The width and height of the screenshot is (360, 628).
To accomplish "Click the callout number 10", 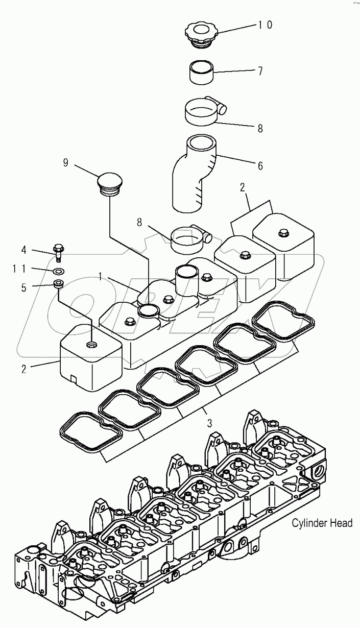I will (265, 25).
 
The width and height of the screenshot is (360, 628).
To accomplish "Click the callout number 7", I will (260, 71).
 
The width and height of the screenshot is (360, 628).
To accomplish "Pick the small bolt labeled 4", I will (58, 251).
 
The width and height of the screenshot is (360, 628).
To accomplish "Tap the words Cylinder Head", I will (322, 523).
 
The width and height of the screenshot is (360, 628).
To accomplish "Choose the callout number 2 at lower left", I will (23, 369).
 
